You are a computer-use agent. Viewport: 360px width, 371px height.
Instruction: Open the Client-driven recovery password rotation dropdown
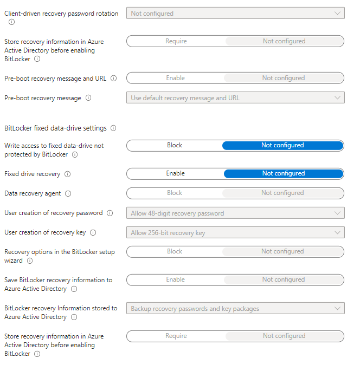tap(235, 14)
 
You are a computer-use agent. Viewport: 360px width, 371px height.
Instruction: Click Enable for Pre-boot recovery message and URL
tap(175, 78)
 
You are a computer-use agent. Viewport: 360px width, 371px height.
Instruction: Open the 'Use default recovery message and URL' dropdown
tap(235, 98)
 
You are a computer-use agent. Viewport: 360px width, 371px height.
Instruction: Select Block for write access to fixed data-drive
tap(175, 145)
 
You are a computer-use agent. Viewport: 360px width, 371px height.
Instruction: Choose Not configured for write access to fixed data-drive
tap(282, 145)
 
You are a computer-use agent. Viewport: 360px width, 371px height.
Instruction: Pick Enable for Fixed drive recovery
tap(175, 173)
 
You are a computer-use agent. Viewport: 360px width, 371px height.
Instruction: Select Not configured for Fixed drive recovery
tap(282, 173)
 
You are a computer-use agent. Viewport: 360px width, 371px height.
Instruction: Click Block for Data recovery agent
tap(175, 193)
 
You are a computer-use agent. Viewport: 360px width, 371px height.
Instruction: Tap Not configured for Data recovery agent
tap(282, 193)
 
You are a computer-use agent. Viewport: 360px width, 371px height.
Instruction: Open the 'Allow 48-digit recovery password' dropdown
tap(235, 213)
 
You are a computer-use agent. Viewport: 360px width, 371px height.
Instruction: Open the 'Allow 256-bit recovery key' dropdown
tap(235, 232)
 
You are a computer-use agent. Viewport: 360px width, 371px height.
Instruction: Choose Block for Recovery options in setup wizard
tap(175, 251)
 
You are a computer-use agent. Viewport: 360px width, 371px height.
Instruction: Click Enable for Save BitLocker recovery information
tap(175, 279)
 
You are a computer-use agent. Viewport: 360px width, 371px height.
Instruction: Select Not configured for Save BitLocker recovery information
tap(282, 279)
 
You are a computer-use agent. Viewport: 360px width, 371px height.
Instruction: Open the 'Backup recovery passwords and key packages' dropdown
tap(235, 308)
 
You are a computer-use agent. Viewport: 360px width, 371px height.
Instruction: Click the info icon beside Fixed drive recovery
tap(67, 174)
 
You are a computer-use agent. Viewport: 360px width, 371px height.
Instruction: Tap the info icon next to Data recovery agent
tap(68, 193)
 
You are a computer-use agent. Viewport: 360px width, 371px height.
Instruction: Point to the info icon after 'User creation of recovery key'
tap(93, 233)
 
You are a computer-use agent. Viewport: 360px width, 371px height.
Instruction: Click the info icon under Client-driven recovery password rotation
tap(12, 22)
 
